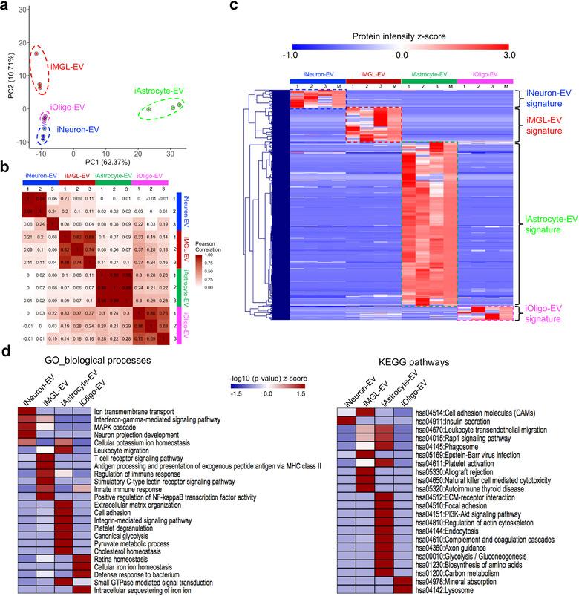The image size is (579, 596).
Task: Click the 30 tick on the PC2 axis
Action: coord(23,11)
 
